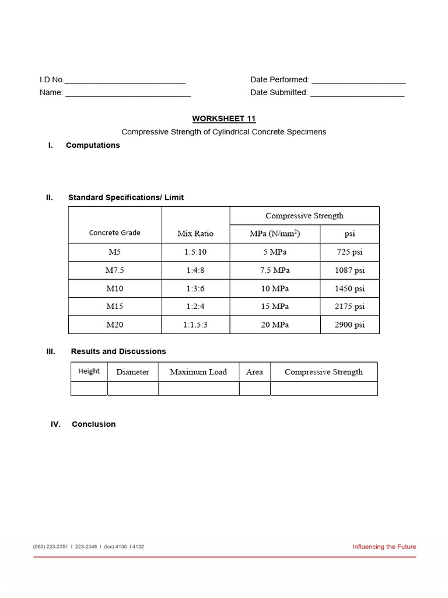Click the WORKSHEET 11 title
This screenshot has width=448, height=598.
pyautogui.click(x=224, y=119)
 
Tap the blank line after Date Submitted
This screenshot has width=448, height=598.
pyautogui.click(x=357, y=93)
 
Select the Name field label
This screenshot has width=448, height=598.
pyautogui.click(x=51, y=92)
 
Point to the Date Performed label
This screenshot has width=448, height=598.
pyautogui.click(x=279, y=79)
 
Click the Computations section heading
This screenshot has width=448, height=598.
pyautogui.click(x=93, y=145)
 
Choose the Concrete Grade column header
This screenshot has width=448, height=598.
pyautogui.click(x=114, y=232)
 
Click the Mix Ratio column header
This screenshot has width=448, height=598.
pyautogui.click(x=195, y=234)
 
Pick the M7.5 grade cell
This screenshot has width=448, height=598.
pyautogui.click(x=114, y=270)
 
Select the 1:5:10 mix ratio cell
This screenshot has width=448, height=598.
pyautogui.click(x=195, y=252)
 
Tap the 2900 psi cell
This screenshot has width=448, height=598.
pyautogui.click(x=349, y=325)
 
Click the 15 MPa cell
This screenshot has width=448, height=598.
pyautogui.click(x=275, y=307)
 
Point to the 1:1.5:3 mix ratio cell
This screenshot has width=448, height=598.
pyautogui.click(x=195, y=325)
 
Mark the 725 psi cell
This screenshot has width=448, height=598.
pyautogui.click(x=349, y=252)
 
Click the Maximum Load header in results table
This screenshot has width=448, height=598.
pyautogui.click(x=198, y=372)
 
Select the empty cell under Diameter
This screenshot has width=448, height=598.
pyautogui.click(x=132, y=388)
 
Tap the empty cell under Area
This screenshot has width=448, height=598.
pyautogui.click(x=254, y=388)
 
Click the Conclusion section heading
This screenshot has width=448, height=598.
pyautogui.click(x=93, y=425)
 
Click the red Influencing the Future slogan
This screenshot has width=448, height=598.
pyautogui.click(x=384, y=547)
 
